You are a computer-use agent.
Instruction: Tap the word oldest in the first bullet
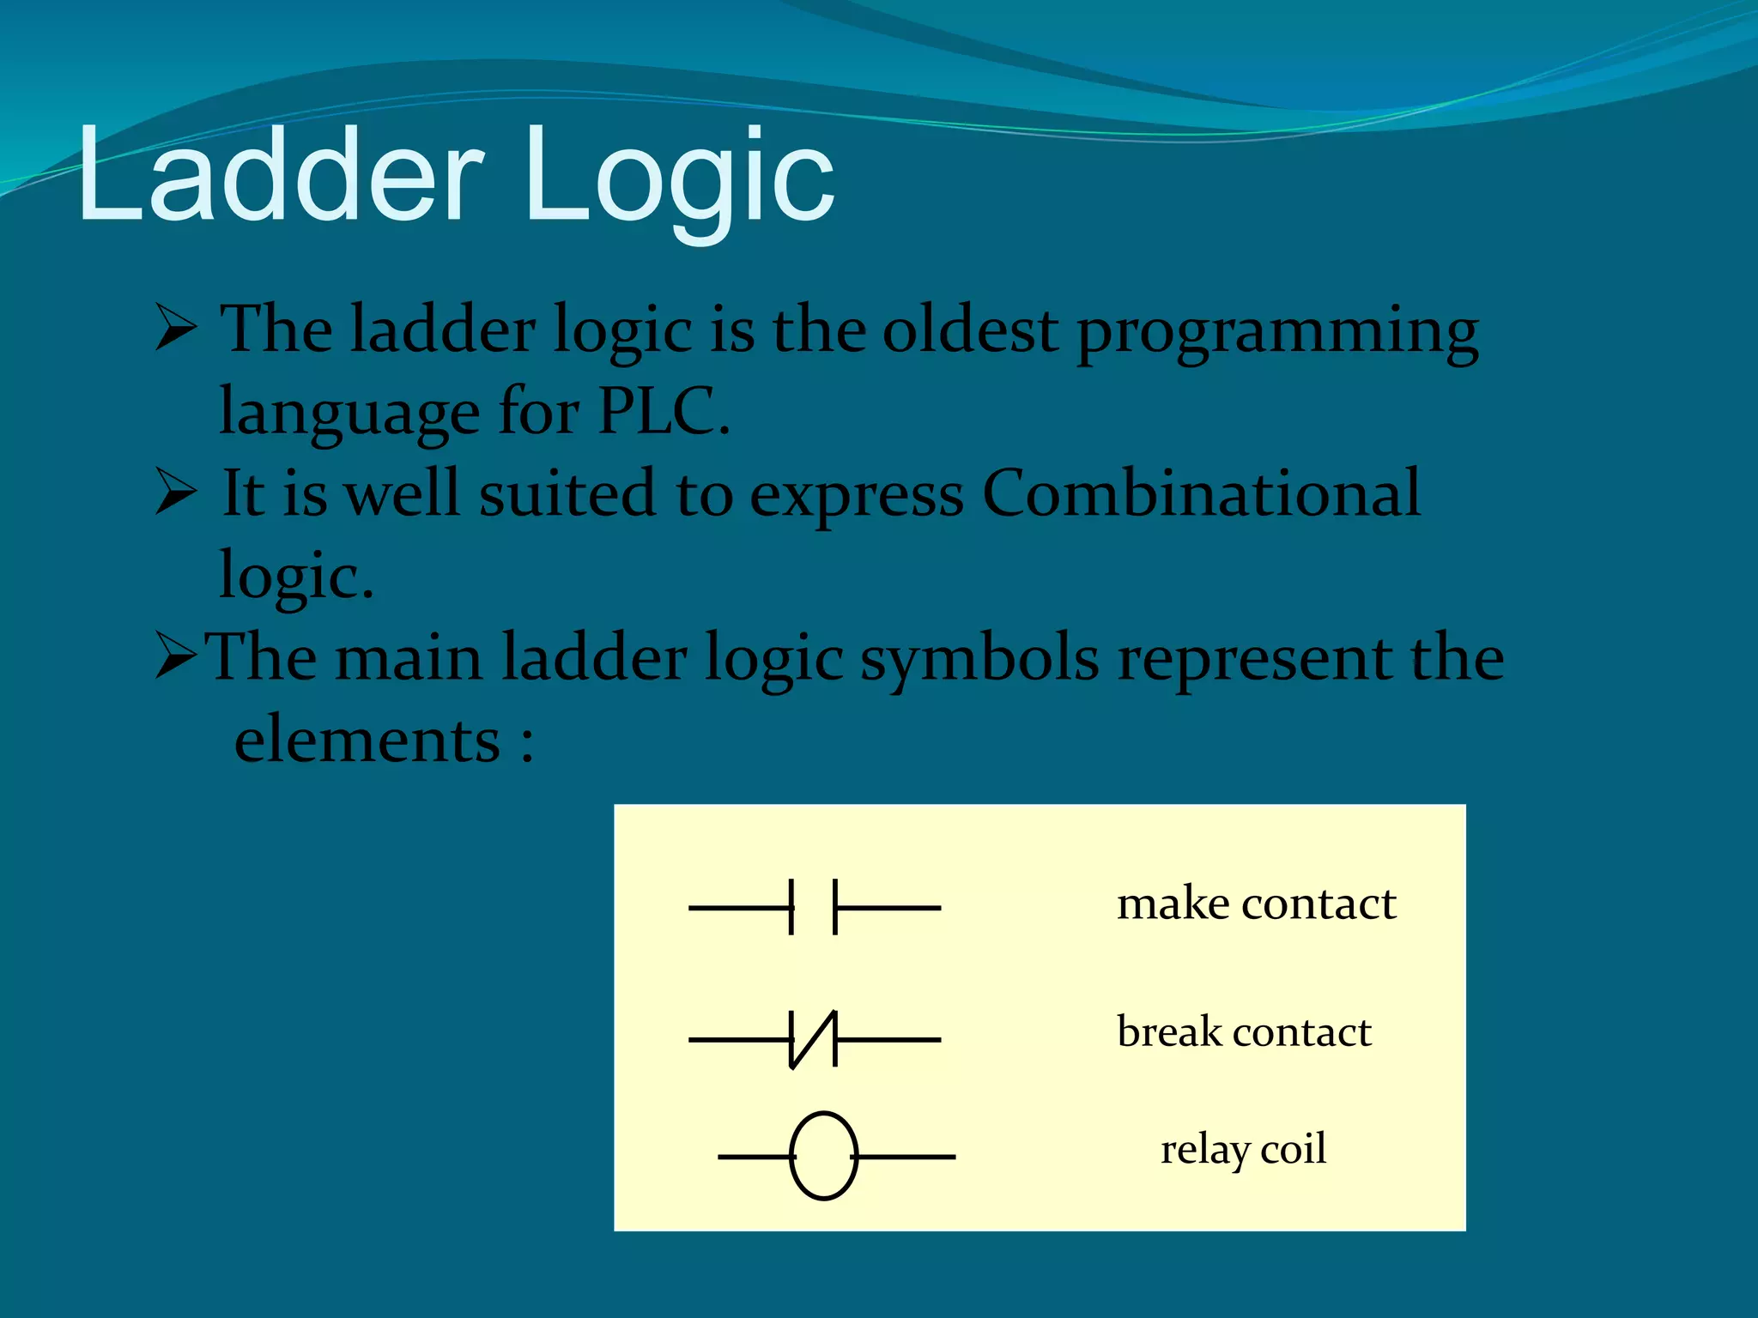click(x=970, y=330)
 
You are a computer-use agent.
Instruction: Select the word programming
click(x=1277, y=335)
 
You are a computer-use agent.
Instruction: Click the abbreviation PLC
click(x=661, y=412)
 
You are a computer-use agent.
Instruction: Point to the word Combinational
click(x=1201, y=493)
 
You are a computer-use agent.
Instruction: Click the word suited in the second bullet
click(x=567, y=494)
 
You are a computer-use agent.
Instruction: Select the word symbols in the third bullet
click(x=979, y=659)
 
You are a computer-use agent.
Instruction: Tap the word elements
click(x=367, y=740)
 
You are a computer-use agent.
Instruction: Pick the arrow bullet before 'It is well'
click(x=176, y=494)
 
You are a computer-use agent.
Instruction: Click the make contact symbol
click(x=814, y=907)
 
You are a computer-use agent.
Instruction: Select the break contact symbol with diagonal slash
click(x=814, y=1039)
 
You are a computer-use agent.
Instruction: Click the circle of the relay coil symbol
click(x=823, y=1156)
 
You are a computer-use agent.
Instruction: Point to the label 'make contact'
click(x=1256, y=904)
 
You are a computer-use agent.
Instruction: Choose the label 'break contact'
click(x=1244, y=1032)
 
